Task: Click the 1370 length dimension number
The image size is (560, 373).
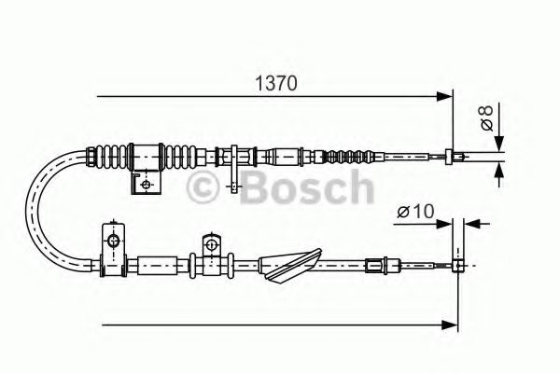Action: click(277, 82)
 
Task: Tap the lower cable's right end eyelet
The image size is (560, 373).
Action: click(458, 265)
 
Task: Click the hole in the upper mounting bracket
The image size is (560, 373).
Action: click(145, 184)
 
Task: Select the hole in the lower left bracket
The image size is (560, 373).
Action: click(114, 242)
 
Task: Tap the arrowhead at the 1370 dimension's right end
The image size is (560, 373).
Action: click(444, 95)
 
